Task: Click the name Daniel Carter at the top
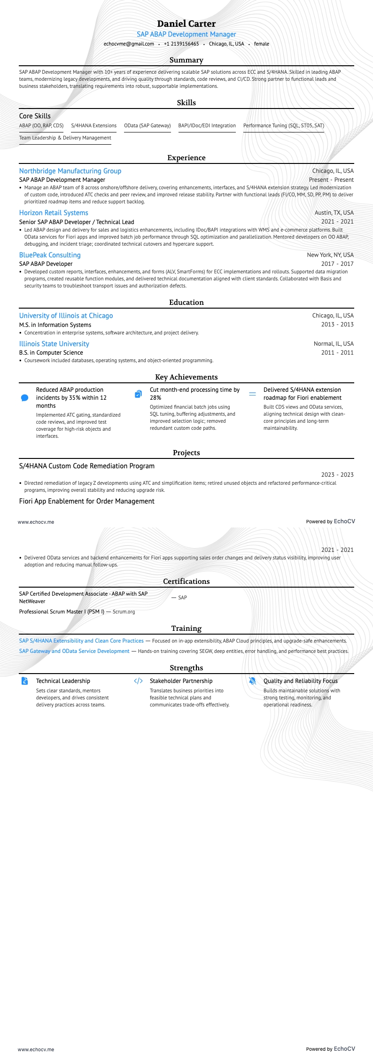186,23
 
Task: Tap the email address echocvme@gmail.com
129,44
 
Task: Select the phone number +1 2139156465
181,44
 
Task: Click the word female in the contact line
262,44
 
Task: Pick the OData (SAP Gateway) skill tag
147,125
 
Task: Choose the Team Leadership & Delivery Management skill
65,138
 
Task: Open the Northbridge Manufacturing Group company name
70,171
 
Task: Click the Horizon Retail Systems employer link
54,213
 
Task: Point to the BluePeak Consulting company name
50,255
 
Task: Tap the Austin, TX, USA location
334,213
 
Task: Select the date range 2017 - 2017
337,264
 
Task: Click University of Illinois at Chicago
66,316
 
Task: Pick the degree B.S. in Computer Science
51,353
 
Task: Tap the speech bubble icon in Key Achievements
25,398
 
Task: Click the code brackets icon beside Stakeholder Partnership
138,681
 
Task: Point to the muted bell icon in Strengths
252,681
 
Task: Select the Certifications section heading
186,582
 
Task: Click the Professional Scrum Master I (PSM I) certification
62,612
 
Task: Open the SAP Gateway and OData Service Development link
74,651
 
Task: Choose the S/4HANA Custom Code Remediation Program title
87,466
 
